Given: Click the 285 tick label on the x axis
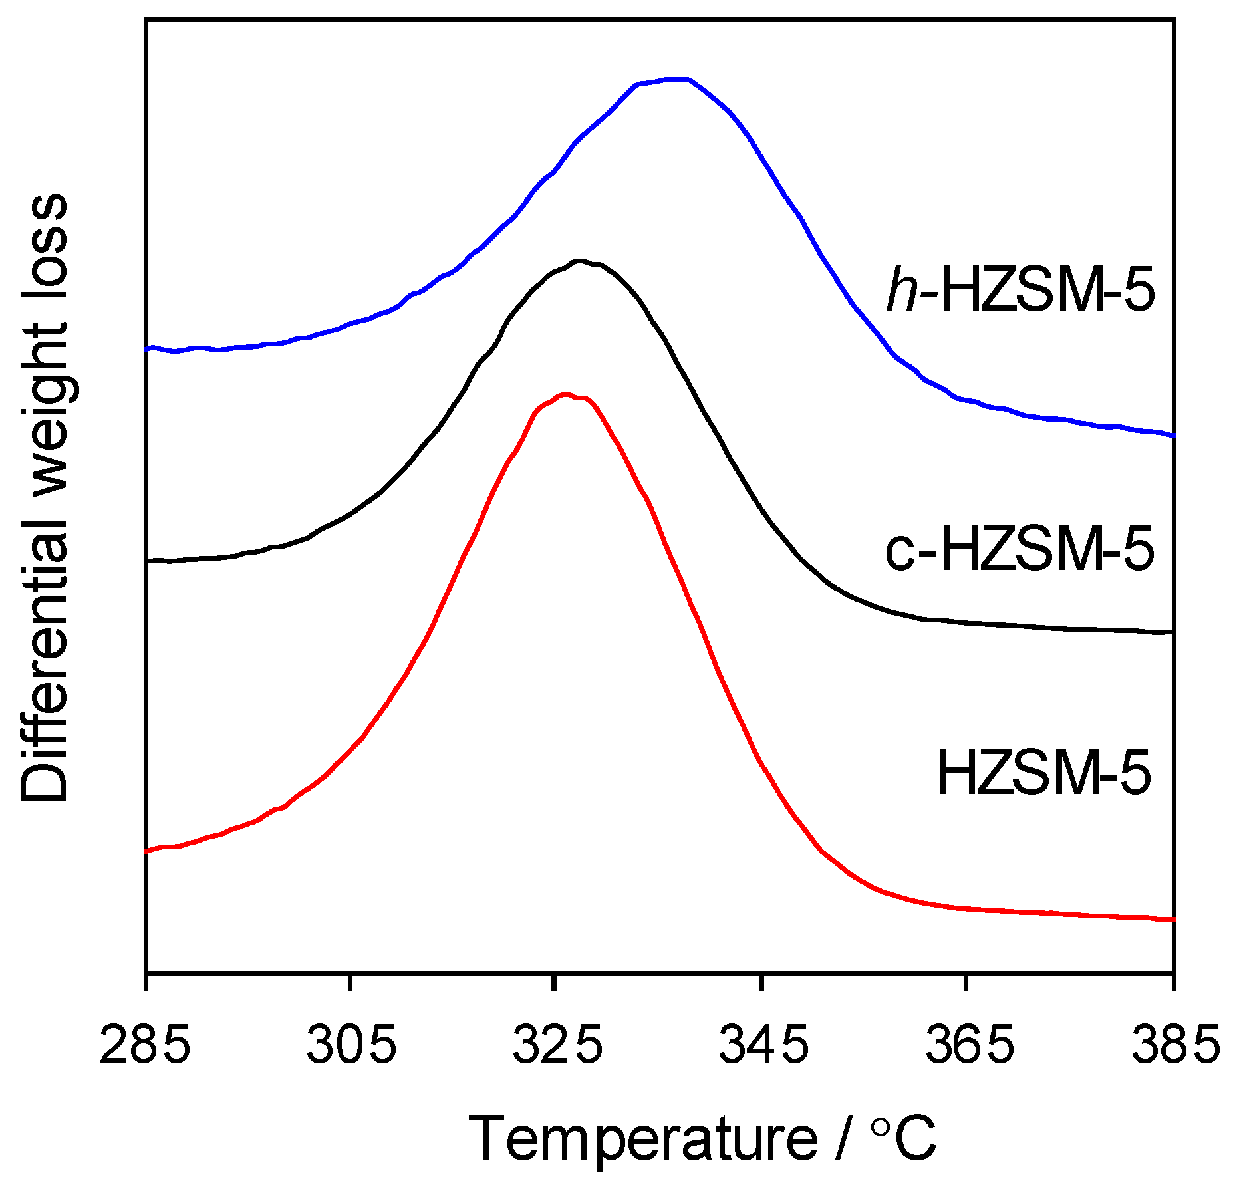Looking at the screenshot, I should [145, 1045].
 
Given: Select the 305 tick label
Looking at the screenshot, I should [351, 1045].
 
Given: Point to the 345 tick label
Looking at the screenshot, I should [763, 1045].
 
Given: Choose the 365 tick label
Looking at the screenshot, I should [970, 1045].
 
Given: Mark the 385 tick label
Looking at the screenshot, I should [1175, 1045].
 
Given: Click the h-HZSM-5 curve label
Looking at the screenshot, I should [1021, 291].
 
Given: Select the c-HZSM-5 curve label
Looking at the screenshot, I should [1020, 551].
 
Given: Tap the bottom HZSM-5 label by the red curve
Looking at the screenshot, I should [1043, 773].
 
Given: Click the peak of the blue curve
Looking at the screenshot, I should [672, 79].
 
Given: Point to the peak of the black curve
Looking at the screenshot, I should [580, 261].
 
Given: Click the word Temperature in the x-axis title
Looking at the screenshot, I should [642, 1139].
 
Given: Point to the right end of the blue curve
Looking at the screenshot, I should [1173, 435].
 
